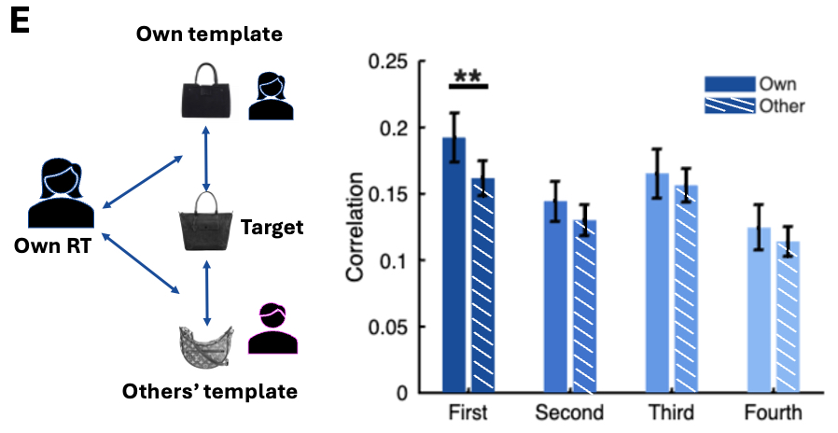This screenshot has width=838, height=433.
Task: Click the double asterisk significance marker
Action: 468,76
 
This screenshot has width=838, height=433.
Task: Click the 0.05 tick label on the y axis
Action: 391,327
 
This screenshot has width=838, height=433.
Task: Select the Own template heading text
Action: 209,35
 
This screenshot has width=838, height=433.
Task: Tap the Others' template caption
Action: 210,391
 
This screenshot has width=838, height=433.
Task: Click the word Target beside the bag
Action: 272,227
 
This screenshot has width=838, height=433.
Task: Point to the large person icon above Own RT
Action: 61,194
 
